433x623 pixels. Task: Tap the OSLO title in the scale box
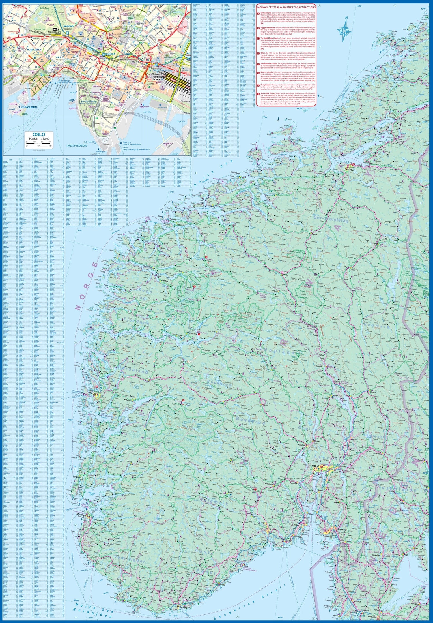[x=39, y=134]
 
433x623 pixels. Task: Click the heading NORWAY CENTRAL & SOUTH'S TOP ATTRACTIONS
[x=286, y=7]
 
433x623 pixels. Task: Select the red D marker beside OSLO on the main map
[x=322, y=466]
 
